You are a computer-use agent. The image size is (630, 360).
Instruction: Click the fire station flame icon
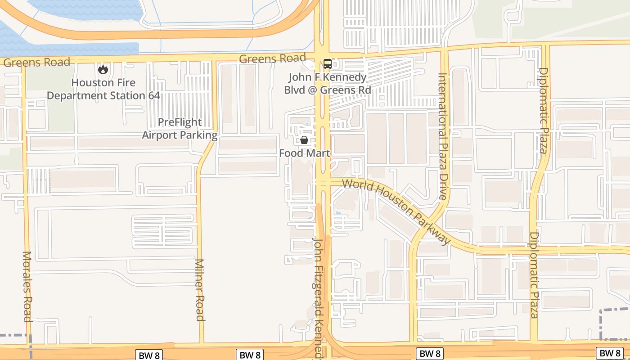[103, 69]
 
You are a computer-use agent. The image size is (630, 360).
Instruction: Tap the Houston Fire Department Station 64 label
[103, 89]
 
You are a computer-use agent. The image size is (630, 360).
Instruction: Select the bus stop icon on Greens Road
[328, 64]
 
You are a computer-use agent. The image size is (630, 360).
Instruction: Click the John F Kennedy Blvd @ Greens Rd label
[328, 84]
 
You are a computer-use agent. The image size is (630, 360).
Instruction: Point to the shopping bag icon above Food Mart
[304, 140]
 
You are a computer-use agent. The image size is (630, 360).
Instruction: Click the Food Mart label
[305, 153]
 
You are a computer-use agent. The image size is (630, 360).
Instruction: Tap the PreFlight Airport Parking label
[180, 129]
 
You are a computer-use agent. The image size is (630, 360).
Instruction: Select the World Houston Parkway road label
[396, 211]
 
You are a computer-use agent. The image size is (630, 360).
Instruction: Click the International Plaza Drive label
[443, 136]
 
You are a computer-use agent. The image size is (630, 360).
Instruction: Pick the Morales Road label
[27, 286]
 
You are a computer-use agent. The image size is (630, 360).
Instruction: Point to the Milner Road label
[200, 290]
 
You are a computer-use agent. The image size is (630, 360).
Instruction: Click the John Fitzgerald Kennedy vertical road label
[319, 297]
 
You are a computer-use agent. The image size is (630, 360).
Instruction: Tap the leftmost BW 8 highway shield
[148, 355]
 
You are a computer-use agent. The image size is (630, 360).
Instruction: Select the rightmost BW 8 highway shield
[609, 353]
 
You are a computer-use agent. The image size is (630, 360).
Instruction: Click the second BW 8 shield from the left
[249, 355]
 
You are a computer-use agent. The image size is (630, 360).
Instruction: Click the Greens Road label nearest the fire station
[37, 62]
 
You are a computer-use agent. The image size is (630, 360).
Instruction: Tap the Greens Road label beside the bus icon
[272, 58]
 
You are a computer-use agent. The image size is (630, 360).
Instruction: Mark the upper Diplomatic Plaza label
[544, 110]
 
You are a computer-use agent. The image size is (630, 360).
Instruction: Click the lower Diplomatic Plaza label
[534, 275]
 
